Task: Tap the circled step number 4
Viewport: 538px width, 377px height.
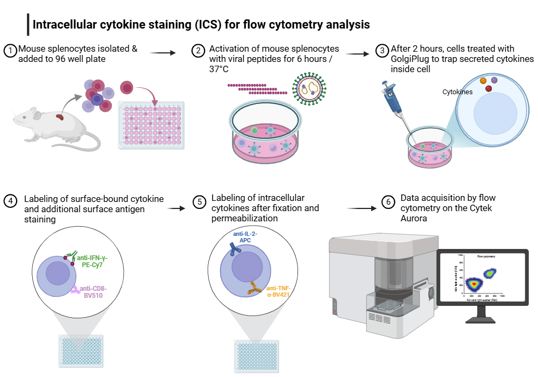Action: [10, 200]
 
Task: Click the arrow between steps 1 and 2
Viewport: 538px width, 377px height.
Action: [162, 53]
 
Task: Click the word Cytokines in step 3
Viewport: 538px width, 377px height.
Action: [457, 92]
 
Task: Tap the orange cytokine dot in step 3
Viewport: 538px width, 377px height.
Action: [483, 80]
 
